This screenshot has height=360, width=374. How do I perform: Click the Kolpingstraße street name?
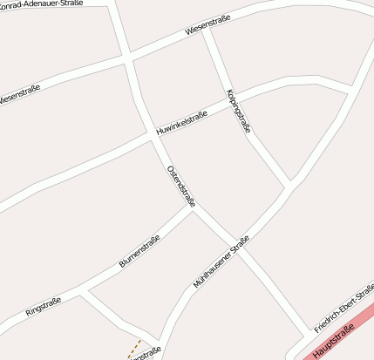point(238,110)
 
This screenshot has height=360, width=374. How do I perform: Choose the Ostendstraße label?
point(180,186)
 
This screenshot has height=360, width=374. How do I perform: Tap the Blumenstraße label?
point(139,252)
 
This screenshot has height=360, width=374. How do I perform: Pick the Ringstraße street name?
point(43,307)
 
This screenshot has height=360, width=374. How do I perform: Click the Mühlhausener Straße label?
point(221,262)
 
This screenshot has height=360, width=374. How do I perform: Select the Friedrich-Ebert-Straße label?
point(344,307)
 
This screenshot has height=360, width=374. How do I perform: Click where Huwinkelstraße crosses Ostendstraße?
point(151,136)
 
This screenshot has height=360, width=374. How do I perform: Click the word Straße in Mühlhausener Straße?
point(238,246)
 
